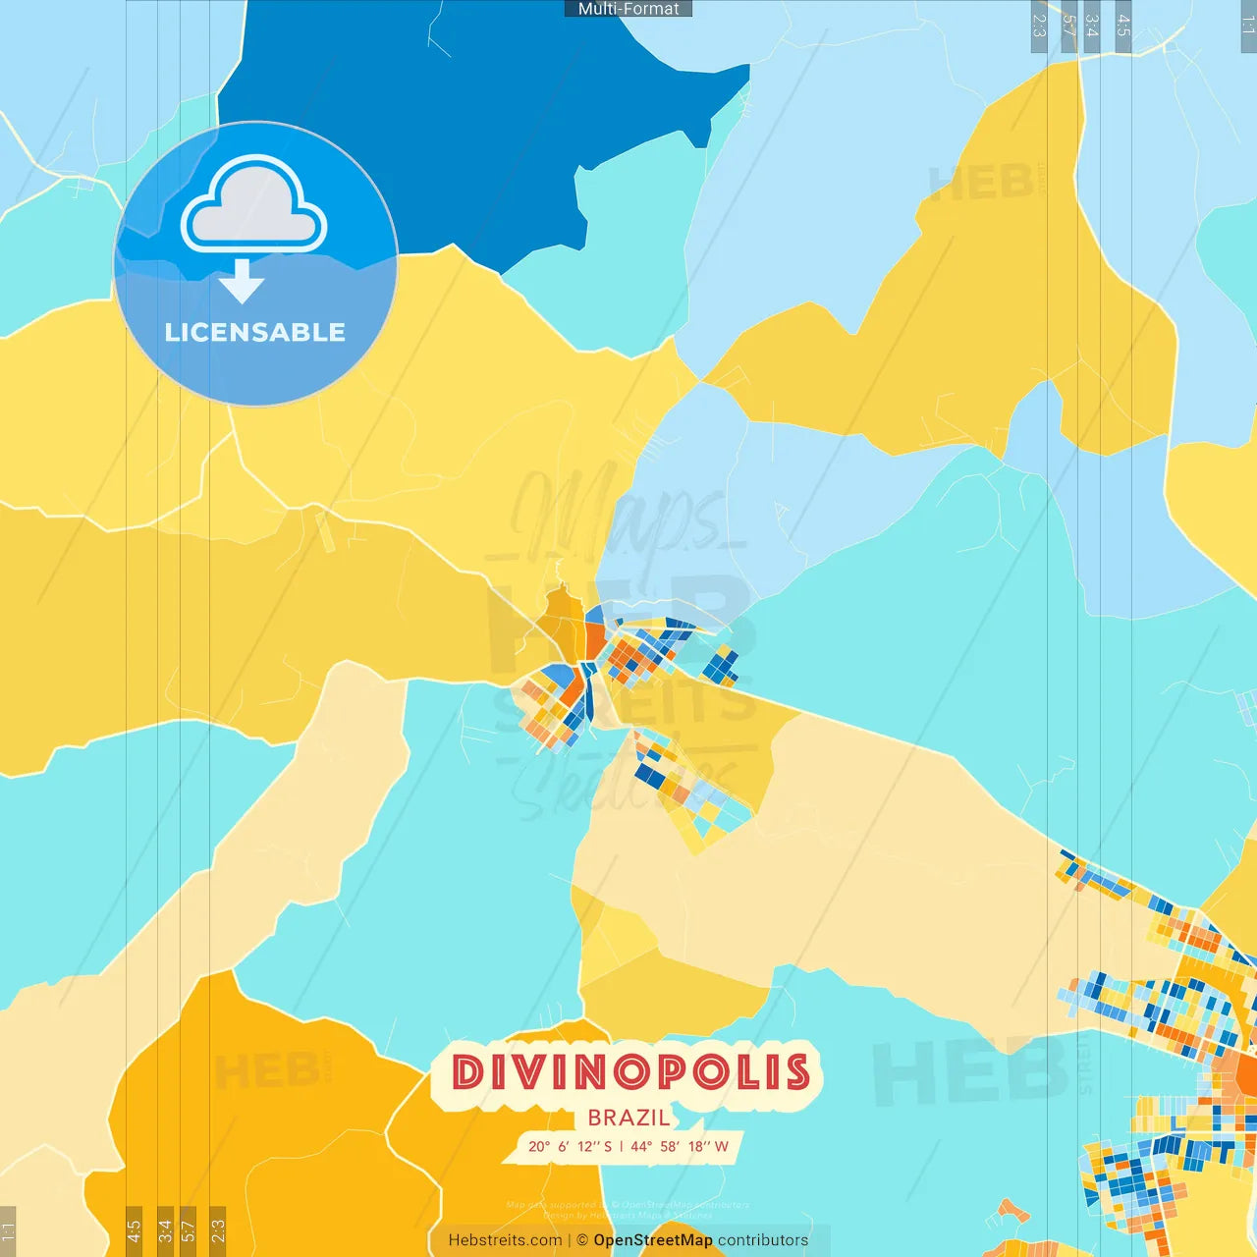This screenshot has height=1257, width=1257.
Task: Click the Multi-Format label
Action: (x=628, y=9)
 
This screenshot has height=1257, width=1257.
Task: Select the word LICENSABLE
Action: (x=255, y=333)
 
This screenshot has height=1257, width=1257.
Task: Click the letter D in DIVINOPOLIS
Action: (x=470, y=1072)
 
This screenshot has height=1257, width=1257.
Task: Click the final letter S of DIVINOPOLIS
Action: (x=797, y=1072)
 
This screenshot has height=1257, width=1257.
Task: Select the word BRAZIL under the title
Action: (x=628, y=1118)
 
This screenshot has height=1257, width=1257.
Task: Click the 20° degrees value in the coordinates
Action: (x=539, y=1147)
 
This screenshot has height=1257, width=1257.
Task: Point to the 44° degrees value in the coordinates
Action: (x=641, y=1147)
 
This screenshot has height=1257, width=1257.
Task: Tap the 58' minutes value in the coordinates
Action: (x=672, y=1147)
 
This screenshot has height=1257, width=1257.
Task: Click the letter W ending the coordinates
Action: (x=722, y=1147)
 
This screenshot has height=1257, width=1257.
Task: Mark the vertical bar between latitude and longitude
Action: (x=621, y=1147)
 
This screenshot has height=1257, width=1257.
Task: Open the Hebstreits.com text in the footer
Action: (x=505, y=1240)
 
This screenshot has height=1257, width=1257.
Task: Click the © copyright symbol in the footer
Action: (x=582, y=1240)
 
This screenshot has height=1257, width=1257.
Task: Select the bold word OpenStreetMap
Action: (x=653, y=1240)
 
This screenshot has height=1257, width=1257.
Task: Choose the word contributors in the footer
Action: (x=763, y=1240)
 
